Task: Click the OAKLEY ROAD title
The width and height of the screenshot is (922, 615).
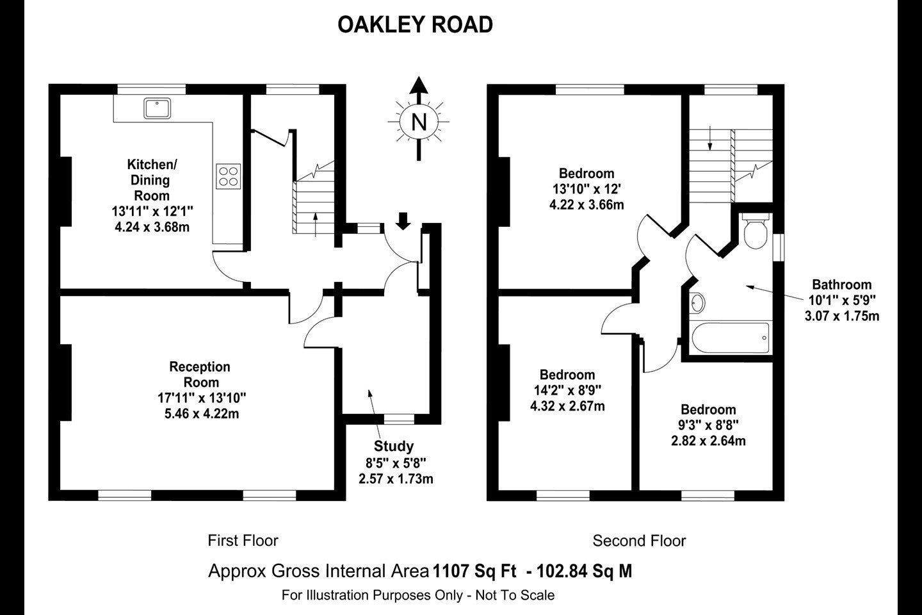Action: click(415, 25)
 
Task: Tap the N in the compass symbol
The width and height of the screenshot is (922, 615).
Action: click(419, 122)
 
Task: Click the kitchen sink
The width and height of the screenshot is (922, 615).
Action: click(158, 108)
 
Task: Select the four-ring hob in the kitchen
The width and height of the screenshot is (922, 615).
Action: click(229, 176)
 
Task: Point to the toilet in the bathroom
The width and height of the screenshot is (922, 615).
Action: click(756, 231)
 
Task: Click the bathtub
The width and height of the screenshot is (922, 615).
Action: click(730, 338)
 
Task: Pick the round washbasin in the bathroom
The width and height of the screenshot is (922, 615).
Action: click(697, 303)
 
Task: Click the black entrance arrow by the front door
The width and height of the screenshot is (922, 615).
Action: click(403, 221)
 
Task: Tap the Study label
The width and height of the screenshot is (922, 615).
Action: click(394, 446)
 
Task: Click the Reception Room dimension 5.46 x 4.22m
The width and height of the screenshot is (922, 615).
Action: click(202, 414)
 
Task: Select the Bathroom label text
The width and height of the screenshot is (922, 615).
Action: click(842, 284)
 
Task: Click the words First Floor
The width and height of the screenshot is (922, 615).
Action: click(243, 541)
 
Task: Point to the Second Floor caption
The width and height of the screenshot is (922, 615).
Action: click(639, 541)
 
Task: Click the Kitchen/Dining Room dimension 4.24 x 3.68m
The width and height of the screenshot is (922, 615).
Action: click(152, 227)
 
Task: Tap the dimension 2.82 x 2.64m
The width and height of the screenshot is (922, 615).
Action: click(708, 441)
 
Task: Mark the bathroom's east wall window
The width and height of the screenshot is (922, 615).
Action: click(779, 247)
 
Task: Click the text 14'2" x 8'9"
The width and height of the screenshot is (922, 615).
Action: click(567, 390)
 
